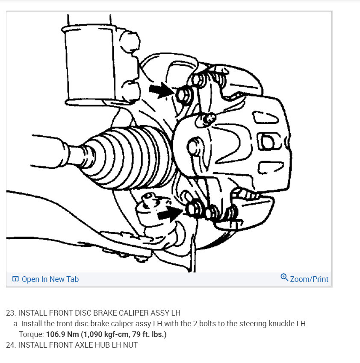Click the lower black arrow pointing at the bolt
pos(170,212)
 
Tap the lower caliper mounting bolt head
pos(194,208)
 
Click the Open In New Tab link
pos(50,279)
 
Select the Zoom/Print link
pos(309,279)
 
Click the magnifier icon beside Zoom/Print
pos(284,278)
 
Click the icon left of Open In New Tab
pos(15,279)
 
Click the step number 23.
pos(11,313)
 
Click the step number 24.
pos(11,345)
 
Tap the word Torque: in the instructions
pos(31,334)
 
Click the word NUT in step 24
pos(130,345)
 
